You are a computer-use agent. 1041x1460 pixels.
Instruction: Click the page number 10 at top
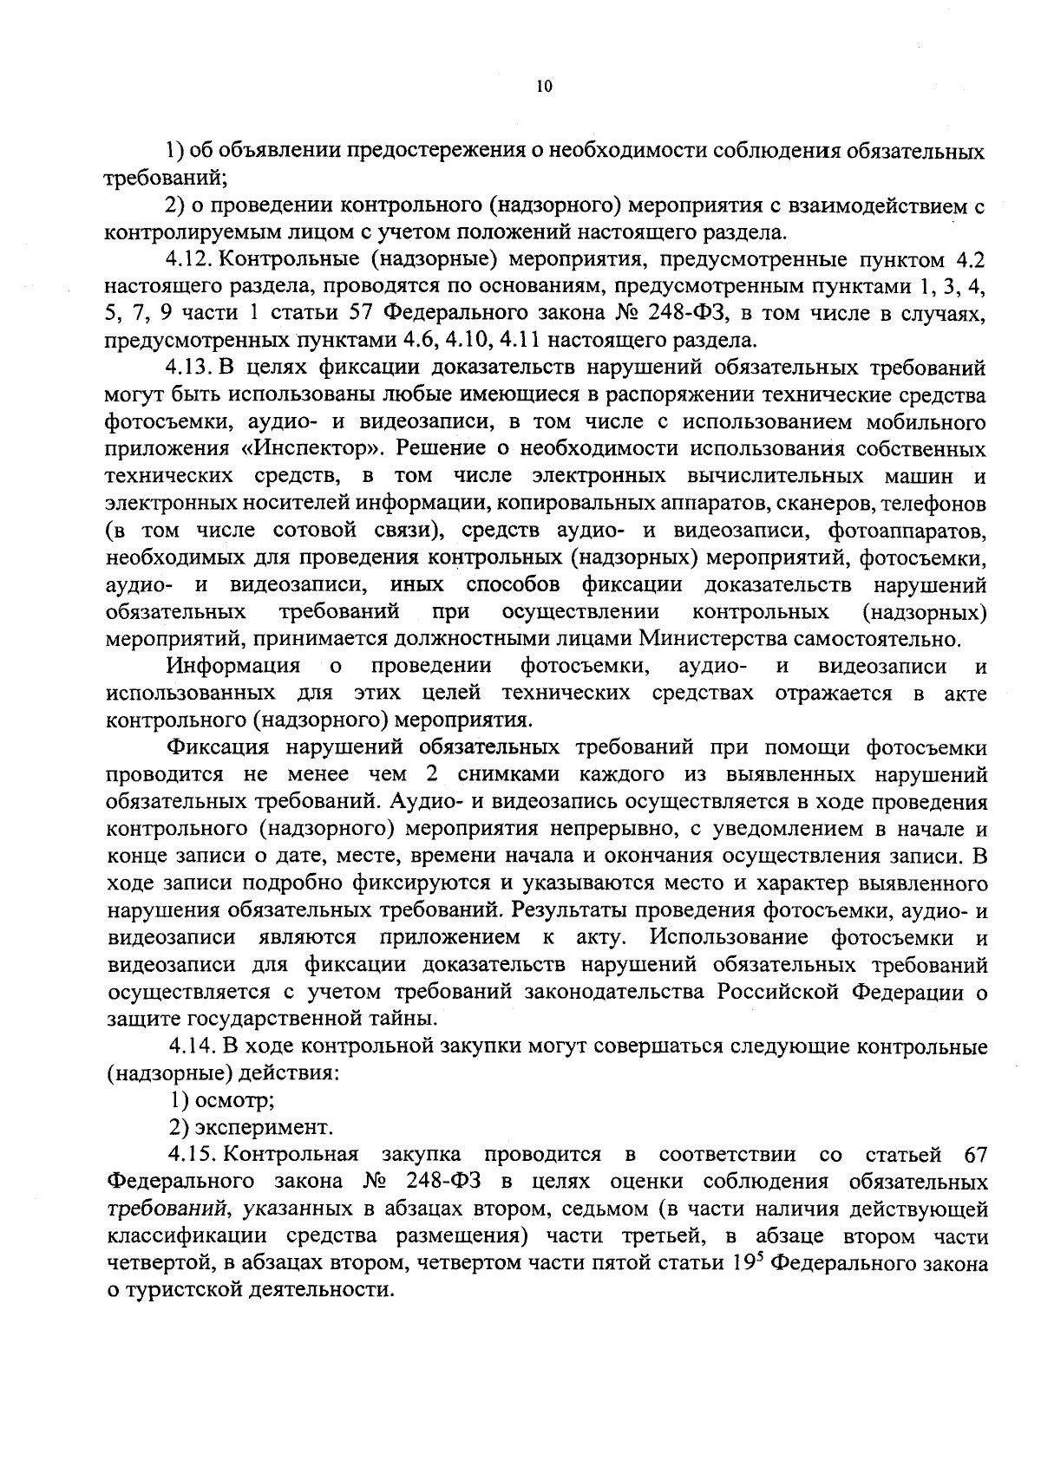(x=544, y=86)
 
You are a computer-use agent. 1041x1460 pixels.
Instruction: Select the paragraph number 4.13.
(x=192, y=368)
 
